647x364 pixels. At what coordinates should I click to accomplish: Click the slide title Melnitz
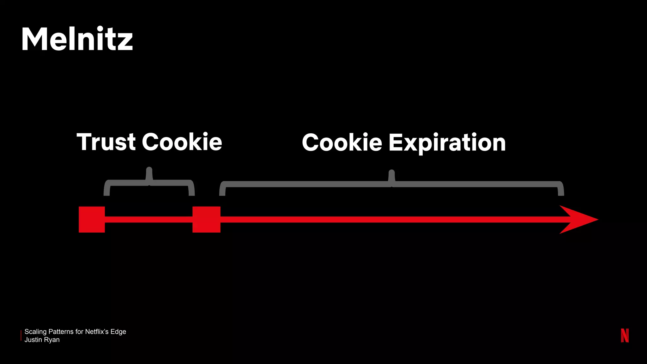click(77, 39)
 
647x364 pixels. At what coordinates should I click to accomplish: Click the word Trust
click(106, 142)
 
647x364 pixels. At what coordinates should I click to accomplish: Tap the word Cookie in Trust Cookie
click(182, 142)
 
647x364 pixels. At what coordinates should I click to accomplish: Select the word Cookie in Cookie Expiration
click(342, 143)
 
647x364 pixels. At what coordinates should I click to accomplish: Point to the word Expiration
click(447, 143)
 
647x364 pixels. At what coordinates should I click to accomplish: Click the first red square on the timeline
click(92, 220)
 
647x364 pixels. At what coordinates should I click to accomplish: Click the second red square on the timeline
click(206, 220)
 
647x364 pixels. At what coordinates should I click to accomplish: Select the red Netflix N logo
click(625, 335)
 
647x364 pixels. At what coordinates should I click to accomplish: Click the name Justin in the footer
click(33, 340)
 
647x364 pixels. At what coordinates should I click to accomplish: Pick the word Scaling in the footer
click(35, 332)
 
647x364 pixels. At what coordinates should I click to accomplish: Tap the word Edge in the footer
click(118, 332)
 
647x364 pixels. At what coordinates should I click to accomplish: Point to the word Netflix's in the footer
click(97, 332)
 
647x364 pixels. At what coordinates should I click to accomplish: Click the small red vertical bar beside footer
click(21, 336)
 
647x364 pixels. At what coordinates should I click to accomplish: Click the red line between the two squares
click(148, 220)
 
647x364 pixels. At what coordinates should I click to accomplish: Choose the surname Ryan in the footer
click(51, 340)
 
